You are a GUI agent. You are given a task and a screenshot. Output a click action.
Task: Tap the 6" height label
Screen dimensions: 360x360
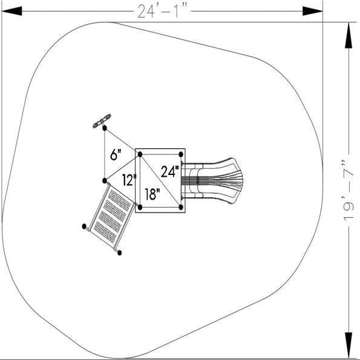click(116, 154)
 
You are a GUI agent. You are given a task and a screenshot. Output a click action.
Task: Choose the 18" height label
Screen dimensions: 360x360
click(152, 195)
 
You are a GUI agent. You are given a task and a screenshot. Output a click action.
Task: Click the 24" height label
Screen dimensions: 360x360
click(170, 171)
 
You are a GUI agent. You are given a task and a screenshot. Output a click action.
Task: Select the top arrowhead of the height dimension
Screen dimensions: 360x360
click(348, 33)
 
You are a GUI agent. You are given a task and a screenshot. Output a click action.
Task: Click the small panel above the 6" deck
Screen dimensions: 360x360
click(102, 121)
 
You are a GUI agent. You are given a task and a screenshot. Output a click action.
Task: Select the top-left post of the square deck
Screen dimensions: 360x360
click(140, 155)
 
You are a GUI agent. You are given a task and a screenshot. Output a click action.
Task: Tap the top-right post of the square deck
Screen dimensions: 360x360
click(181, 155)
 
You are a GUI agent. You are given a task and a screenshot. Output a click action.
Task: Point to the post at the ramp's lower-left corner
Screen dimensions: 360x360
click(84, 226)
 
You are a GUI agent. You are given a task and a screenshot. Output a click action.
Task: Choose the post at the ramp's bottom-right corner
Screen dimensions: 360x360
click(120, 252)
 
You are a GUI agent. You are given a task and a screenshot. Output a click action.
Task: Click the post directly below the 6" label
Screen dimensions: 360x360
click(105, 180)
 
